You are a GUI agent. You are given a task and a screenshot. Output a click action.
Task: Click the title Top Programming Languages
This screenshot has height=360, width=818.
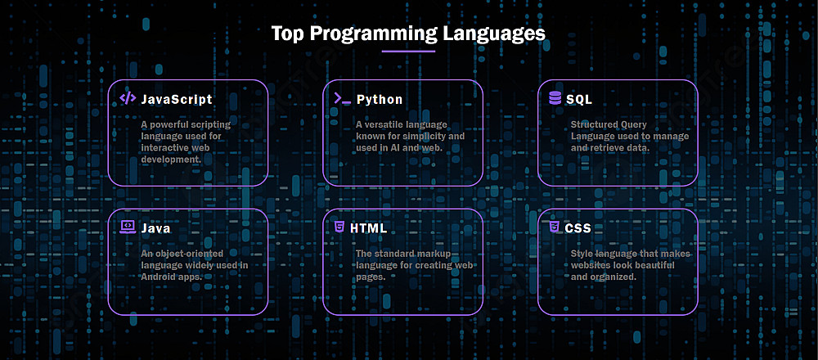pos(408,34)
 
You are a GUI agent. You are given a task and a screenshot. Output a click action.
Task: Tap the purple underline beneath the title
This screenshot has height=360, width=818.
pos(408,51)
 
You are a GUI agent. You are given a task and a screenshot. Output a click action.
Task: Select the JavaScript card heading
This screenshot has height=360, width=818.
pos(177,99)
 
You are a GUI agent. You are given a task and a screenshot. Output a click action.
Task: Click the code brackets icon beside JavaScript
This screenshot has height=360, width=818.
pos(128,98)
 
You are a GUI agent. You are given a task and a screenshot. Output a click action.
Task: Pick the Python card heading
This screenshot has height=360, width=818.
pos(380,99)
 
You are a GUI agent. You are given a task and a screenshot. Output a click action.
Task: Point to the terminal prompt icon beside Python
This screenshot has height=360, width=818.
pos(342,98)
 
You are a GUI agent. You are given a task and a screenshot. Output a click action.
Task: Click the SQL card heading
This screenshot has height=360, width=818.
pos(579,99)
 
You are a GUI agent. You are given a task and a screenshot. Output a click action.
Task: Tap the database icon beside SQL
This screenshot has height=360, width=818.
pos(555,98)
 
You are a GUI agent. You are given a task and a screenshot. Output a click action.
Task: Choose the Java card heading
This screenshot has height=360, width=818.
pos(155,228)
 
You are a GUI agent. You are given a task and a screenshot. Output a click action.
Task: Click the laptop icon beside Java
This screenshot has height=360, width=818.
pos(128,227)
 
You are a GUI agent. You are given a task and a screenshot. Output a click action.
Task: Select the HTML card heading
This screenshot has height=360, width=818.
pos(369,228)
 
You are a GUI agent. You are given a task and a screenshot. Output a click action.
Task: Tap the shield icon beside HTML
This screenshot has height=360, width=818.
pos(339,227)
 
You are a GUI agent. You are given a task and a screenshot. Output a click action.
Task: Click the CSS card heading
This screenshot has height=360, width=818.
pos(578,228)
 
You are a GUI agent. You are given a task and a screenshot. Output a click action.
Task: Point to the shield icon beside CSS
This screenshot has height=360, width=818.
pos(554,227)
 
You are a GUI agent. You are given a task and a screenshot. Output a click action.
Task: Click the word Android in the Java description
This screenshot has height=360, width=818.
pos(158,277)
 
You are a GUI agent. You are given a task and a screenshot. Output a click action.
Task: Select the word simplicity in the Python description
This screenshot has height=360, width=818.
pos(423,136)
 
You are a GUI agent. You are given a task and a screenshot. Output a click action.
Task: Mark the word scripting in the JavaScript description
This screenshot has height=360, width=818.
pos(209,124)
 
